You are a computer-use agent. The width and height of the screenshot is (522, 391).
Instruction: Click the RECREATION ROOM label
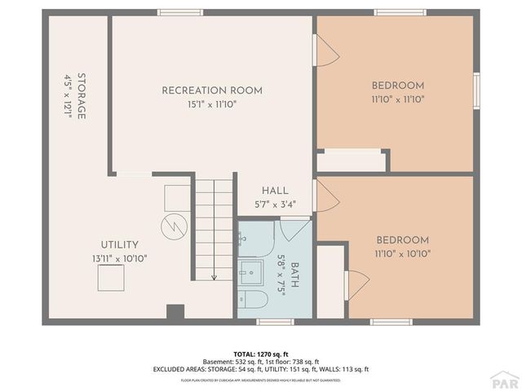[212, 90]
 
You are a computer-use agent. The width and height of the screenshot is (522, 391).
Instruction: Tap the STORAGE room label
[82, 97]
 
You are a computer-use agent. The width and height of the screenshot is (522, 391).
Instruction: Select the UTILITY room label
[119, 244]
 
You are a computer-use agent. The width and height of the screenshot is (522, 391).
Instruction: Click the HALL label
[274, 191]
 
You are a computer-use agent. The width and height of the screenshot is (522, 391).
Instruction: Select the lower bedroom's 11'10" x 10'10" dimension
[402, 253]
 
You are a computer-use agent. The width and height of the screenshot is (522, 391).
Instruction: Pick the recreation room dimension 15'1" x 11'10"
[212, 103]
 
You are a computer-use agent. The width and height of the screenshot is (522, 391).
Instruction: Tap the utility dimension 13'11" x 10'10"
[119, 258]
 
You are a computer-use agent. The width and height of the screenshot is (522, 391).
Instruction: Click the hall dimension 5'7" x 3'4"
[274, 204]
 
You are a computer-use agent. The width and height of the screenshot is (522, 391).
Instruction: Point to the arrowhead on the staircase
[215, 277]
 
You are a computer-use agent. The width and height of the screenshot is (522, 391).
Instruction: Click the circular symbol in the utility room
[173, 226]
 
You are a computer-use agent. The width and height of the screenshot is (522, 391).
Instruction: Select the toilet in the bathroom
[252, 301]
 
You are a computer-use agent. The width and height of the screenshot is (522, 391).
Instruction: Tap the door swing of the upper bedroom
[326, 53]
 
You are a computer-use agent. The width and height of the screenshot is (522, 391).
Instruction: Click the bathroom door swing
[289, 229]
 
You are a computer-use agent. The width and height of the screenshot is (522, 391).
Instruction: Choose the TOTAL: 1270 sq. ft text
[260, 354]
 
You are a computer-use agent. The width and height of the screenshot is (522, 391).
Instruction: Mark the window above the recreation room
[180, 12]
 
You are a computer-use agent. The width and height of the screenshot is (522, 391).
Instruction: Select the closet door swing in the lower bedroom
[356, 284]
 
